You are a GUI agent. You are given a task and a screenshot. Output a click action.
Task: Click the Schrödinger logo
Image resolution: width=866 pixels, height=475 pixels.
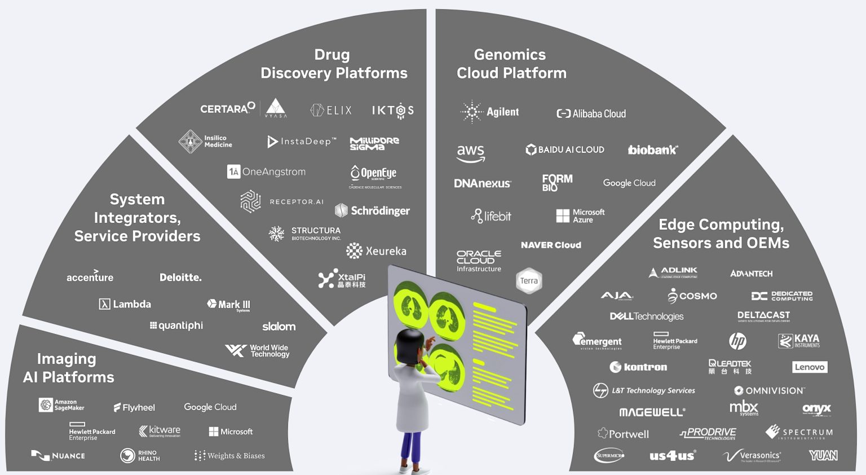373,210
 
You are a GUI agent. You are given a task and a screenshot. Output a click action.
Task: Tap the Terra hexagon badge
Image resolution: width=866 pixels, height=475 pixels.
529,281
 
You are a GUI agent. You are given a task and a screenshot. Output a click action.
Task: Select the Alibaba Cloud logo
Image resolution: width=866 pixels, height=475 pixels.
591,113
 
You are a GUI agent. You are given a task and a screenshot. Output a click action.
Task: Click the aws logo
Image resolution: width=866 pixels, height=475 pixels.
471,152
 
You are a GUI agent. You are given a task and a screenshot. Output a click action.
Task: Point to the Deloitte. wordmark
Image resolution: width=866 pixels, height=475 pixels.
180,277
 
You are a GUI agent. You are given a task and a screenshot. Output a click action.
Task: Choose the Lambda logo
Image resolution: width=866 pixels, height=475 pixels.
125,304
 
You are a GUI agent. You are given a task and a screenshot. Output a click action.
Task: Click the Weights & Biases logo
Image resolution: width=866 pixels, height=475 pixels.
229,456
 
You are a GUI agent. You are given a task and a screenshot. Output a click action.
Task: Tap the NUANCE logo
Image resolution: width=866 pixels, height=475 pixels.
58,455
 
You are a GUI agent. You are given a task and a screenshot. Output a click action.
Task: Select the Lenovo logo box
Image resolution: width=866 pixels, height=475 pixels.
809,367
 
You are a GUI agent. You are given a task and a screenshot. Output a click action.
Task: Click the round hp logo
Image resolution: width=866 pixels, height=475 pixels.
737,341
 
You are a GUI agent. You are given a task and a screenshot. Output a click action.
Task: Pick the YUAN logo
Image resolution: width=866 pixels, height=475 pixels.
823,455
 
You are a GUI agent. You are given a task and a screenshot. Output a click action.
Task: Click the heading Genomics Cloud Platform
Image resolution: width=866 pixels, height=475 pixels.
511,64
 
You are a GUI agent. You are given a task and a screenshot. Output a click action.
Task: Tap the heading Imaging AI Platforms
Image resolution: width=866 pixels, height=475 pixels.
68,368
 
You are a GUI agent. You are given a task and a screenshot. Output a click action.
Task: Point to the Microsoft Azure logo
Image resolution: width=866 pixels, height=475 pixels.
580,216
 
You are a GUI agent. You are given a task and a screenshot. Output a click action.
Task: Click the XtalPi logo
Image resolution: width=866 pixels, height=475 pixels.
342,279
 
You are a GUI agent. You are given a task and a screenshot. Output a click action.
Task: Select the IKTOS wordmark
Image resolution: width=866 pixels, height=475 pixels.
393,111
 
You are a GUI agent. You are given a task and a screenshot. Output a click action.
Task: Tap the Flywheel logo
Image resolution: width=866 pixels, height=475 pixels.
134,407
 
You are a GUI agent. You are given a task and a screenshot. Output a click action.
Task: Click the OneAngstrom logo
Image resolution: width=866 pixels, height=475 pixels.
266,171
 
